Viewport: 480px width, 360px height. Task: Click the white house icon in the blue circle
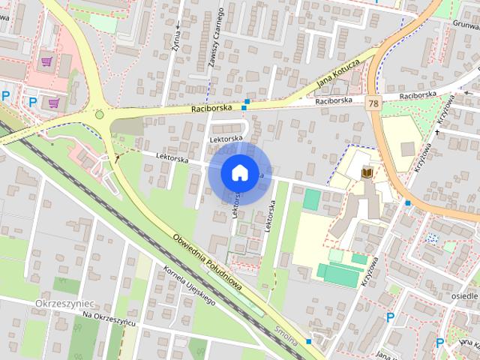(x=239, y=172)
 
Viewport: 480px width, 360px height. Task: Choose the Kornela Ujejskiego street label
(x=188, y=286)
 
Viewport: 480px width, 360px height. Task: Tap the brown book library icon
(x=367, y=173)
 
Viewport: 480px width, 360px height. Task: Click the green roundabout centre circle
(x=98, y=115)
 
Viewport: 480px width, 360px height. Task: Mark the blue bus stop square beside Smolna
(x=308, y=341)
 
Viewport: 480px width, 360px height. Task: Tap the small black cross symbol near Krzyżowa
(x=437, y=133)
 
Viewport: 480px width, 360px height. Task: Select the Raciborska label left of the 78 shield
(x=334, y=100)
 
